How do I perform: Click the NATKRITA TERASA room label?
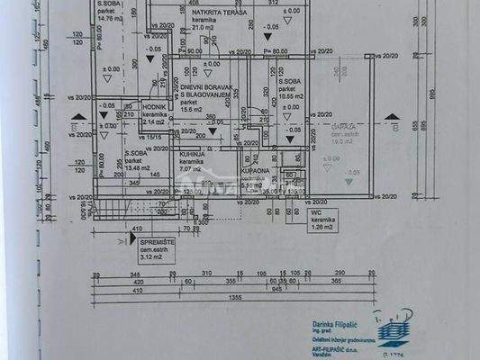click(187, 14)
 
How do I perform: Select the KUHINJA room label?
click(190, 154)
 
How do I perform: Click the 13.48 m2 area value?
click(139, 166)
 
